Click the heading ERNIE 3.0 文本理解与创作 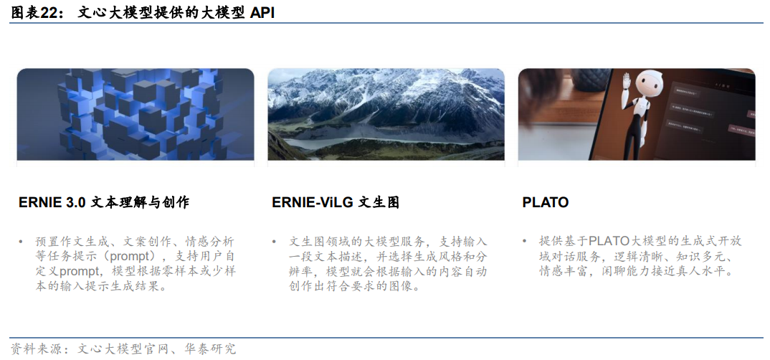click(x=104, y=203)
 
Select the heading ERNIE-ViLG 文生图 click(x=335, y=203)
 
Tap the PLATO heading click(x=545, y=203)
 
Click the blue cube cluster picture click(x=136, y=115)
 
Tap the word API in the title click(x=262, y=12)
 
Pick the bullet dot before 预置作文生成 click(x=21, y=242)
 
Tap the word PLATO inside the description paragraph click(x=609, y=242)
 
